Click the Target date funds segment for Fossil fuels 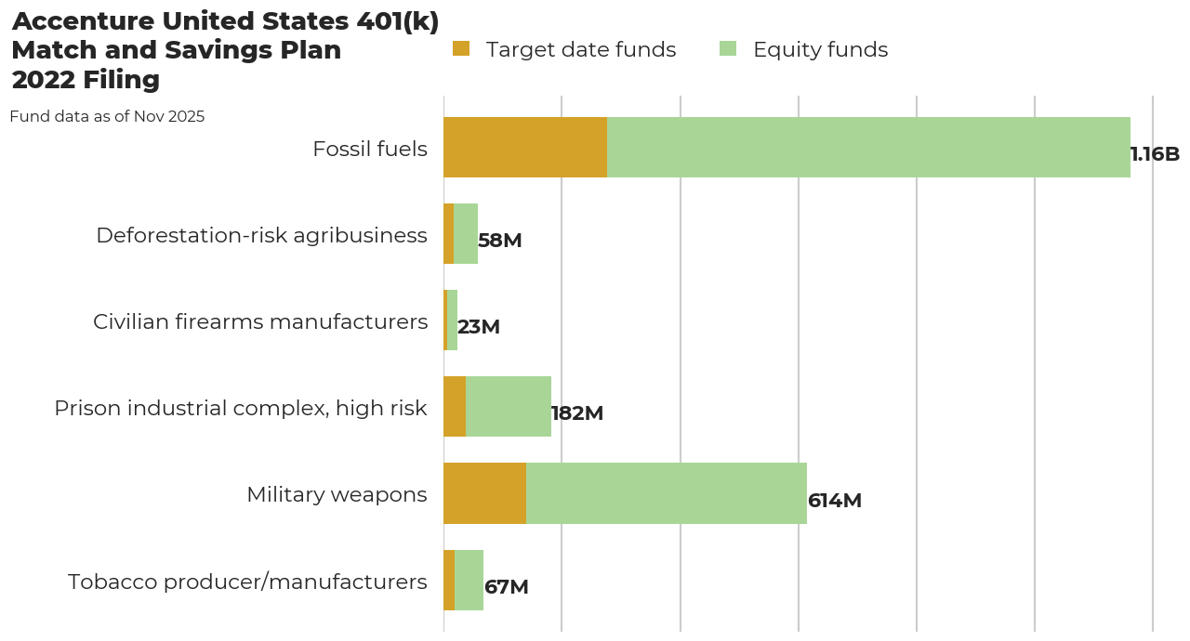pyautogui.click(x=525, y=147)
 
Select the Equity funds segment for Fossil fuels pyautogui.click(x=868, y=147)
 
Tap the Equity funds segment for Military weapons pyautogui.click(x=666, y=493)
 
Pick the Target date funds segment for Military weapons pyautogui.click(x=484, y=493)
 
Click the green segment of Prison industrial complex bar pyautogui.click(x=509, y=407)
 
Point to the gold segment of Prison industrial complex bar pyautogui.click(x=455, y=407)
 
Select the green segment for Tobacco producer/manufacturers pyautogui.click(x=469, y=580)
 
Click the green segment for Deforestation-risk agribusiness pyautogui.click(x=466, y=234)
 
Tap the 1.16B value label pyautogui.click(x=1155, y=154)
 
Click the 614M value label pyautogui.click(x=834, y=501)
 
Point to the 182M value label pyautogui.click(x=576, y=413)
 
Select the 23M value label pyautogui.click(x=478, y=327)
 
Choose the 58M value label pyautogui.click(x=499, y=241)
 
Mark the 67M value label pyautogui.click(x=506, y=587)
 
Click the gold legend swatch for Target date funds pyautogui.click(x=461, y=49)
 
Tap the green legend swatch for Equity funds pyautogui.click(x=728, y=49)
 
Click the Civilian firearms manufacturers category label pyautogui.click(x=260, y=321)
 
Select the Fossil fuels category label pyautogui.click(x=370, y=149)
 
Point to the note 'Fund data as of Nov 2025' pyautogui.click(x=107, y=117)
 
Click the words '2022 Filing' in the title pyautogui.click(x=86, y=81)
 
